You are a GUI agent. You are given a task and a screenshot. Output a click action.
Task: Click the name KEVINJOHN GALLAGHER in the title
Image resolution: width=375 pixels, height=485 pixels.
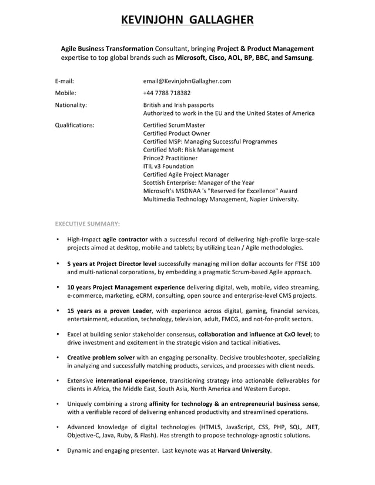click(187, 21)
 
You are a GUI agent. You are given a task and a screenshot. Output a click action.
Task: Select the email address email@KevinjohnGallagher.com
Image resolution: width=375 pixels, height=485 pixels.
click(187, 81)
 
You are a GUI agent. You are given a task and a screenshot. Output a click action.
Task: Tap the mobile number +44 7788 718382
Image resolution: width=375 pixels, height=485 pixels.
click(167, 93)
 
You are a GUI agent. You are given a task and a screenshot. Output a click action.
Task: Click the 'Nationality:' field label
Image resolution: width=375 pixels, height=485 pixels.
click(71, 105)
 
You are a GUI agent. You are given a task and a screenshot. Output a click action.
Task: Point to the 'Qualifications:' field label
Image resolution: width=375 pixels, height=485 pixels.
click(75, 125)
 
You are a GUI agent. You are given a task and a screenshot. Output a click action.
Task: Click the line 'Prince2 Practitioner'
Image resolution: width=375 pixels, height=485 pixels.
click(170, 158)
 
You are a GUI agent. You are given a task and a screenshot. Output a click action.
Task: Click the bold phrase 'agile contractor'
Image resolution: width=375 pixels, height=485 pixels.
click(124, 240)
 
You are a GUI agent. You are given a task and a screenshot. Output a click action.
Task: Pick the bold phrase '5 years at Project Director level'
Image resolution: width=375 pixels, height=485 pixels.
click(112, 263)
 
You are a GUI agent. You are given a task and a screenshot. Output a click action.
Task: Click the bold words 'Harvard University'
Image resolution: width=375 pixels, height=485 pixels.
click(244, 450)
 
